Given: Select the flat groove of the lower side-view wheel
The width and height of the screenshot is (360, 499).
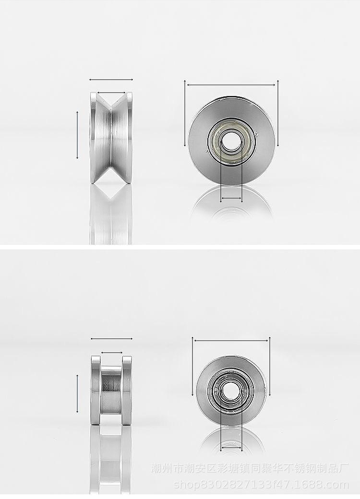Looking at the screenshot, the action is (x=111, y=391).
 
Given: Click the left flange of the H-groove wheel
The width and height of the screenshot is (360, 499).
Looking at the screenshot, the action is (x=96, y=391).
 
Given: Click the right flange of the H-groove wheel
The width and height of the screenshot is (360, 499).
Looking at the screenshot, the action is (x=127, y=391).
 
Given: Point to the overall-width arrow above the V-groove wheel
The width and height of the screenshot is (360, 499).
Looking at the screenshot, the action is (x=111, y=80).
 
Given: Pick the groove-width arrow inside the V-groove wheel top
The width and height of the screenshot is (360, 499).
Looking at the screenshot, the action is (x=111, y=93).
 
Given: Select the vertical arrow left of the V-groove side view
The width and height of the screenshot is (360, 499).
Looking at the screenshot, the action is (x=77, y=135).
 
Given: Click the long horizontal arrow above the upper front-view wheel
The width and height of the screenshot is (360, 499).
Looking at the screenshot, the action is (x=231, y=85).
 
